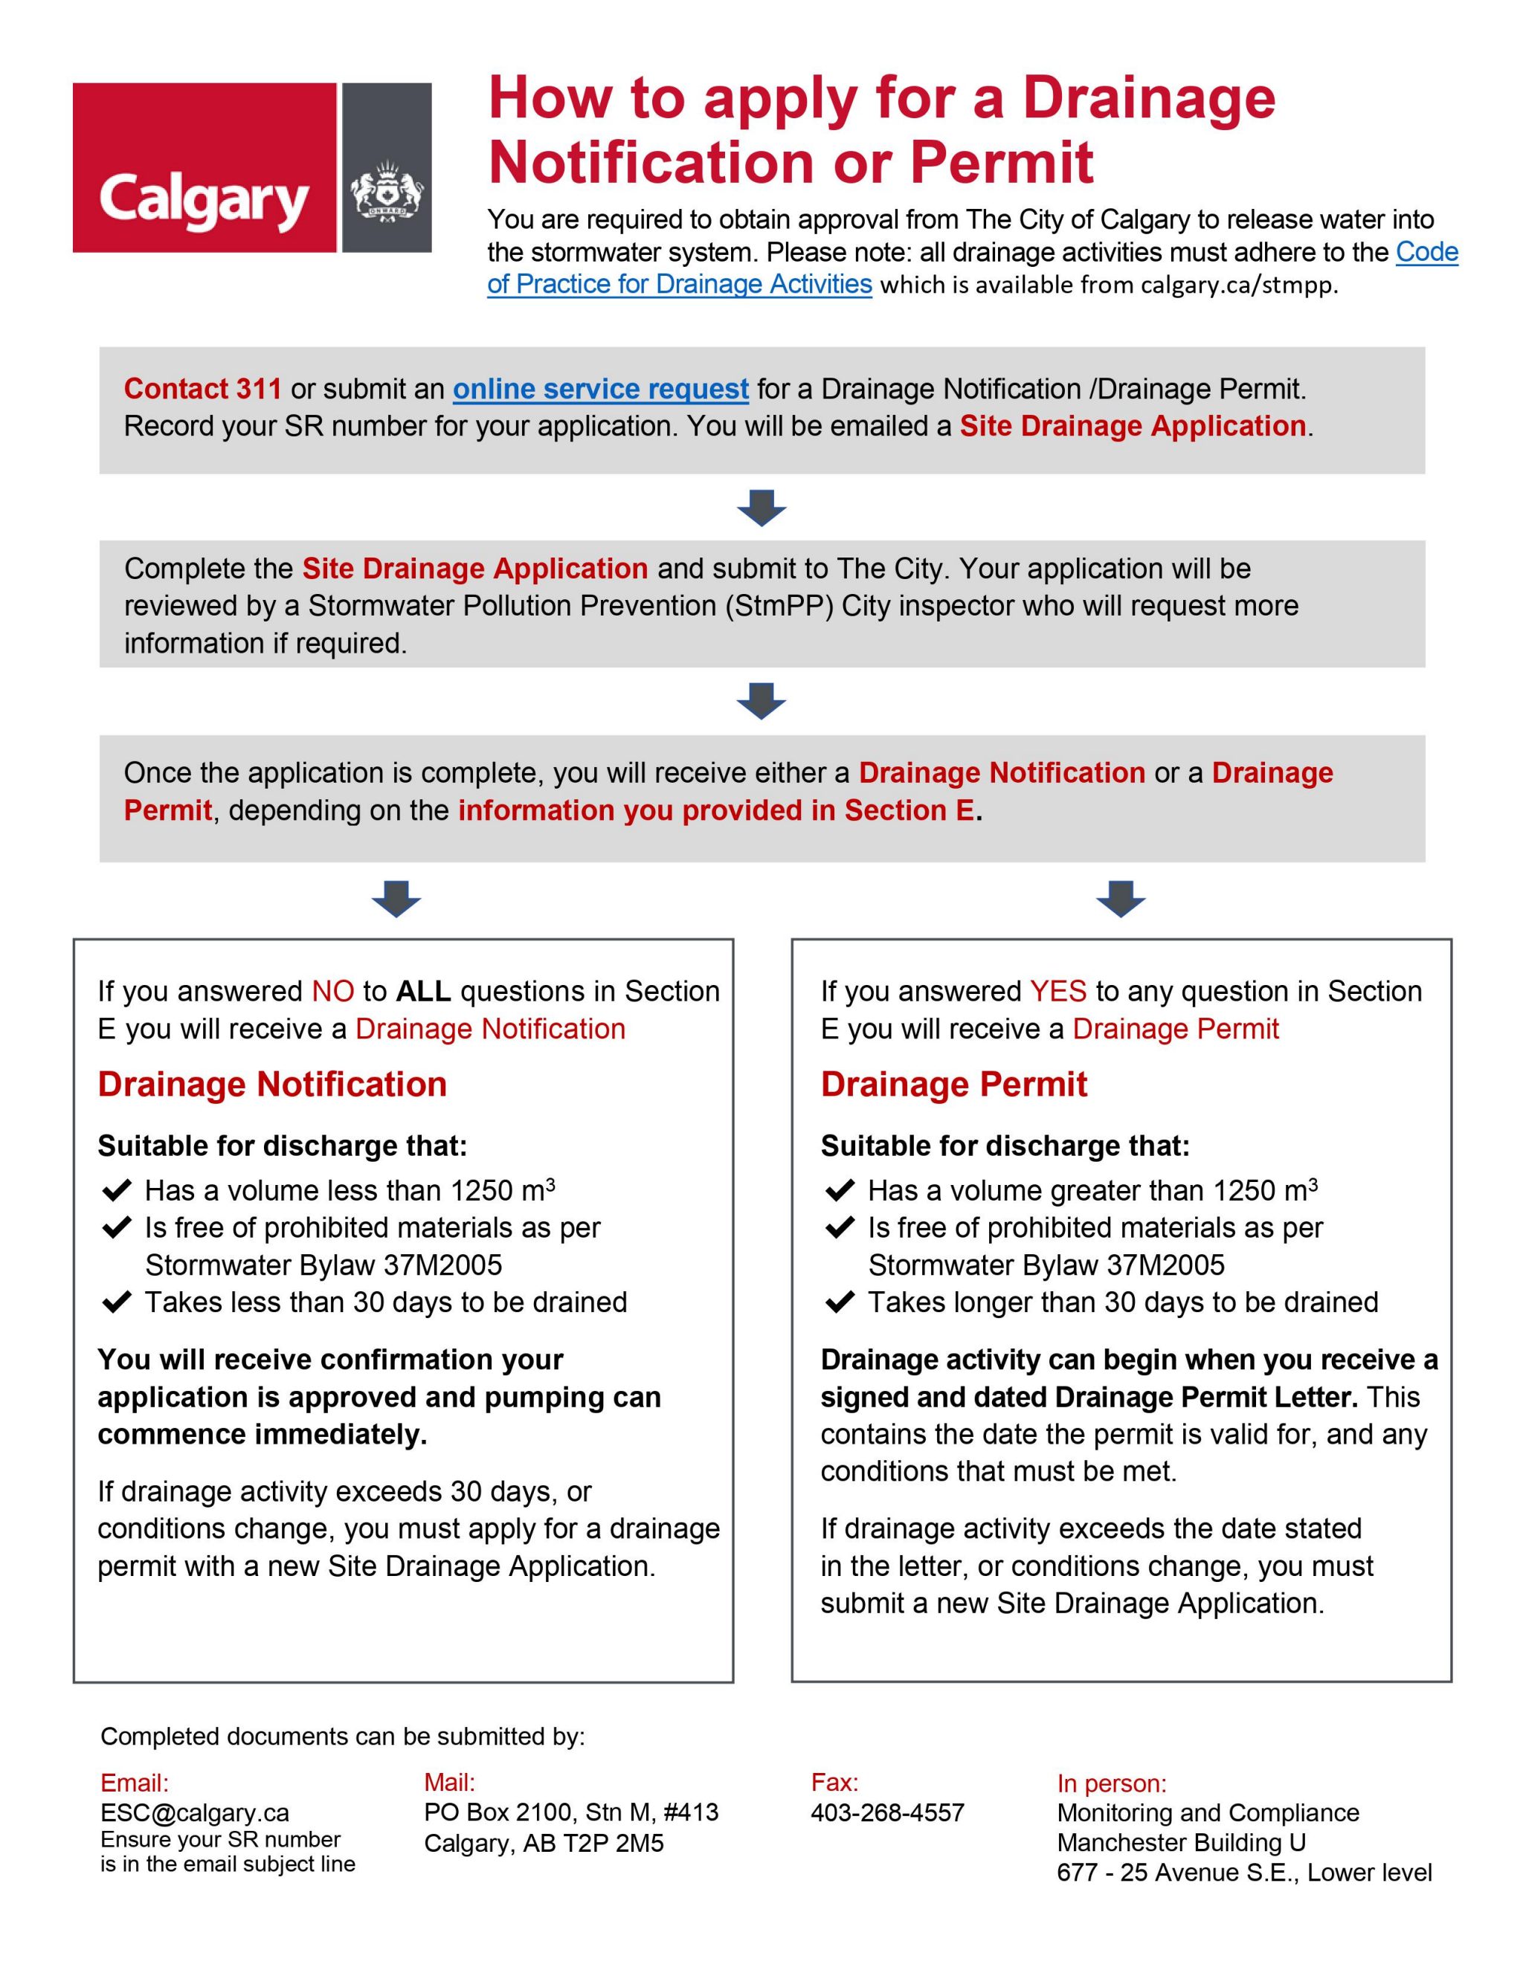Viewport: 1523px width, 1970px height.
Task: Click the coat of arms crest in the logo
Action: (x=387, y=190)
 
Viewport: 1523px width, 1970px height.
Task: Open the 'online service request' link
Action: (x=600, y=389)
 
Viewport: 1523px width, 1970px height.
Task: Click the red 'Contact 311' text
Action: (x=202, y=389)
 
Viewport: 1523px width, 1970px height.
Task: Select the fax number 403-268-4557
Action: (x=887, y=1813)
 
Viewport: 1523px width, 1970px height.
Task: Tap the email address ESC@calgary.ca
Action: (x=194, y=1813)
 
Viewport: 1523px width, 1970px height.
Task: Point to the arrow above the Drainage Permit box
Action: (x=1120, y=900)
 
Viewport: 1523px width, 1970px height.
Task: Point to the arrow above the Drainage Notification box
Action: (x=396, y=900)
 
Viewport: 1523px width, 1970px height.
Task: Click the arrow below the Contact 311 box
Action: (x=761, y=508)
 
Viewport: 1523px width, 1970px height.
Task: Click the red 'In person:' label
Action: (x=1112, y=1783)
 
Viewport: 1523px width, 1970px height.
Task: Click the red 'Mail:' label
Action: (x=448, y=1783)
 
